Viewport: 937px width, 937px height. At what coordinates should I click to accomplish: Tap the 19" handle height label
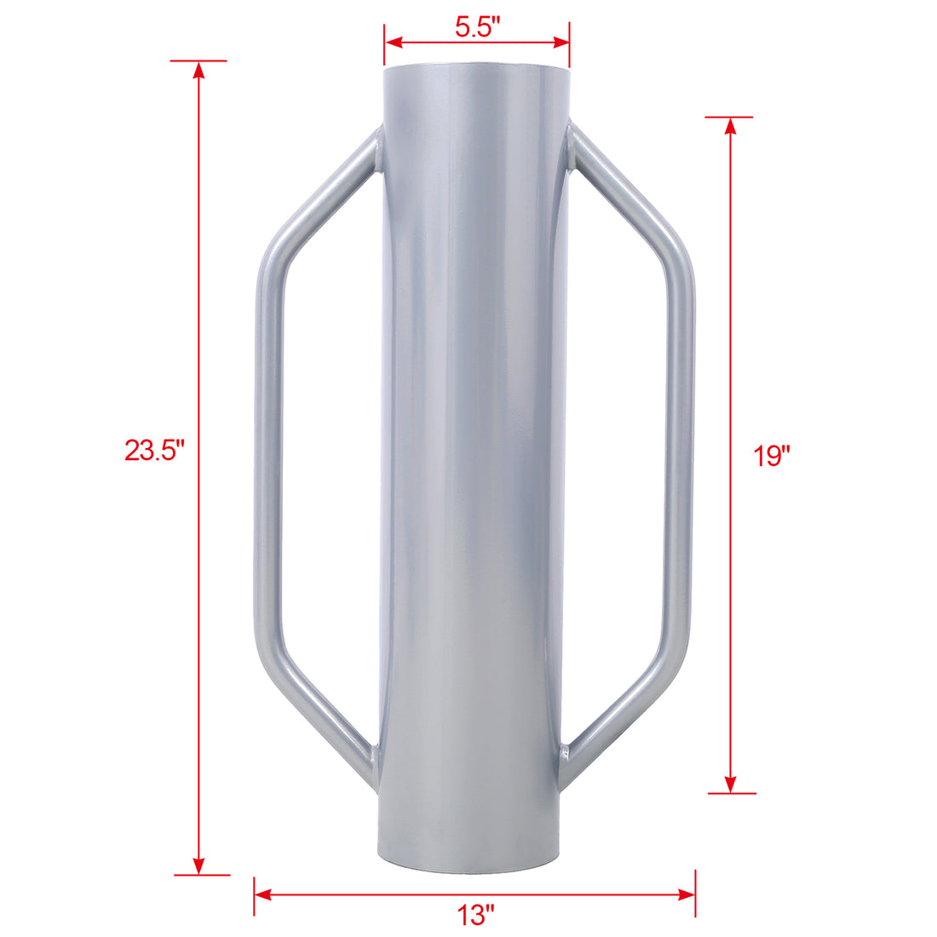coord(773,457)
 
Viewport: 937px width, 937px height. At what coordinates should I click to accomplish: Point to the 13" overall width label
coord(475,916)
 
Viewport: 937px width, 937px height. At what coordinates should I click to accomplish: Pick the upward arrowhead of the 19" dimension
coord(730,125)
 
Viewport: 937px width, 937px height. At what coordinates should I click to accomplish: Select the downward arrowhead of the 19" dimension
coord(730,785)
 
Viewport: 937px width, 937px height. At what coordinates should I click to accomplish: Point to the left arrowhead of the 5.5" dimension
coord(393,39)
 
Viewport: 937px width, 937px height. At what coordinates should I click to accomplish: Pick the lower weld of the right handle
coord(565,756)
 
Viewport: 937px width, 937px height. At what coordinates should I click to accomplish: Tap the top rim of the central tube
coord(475,71)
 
